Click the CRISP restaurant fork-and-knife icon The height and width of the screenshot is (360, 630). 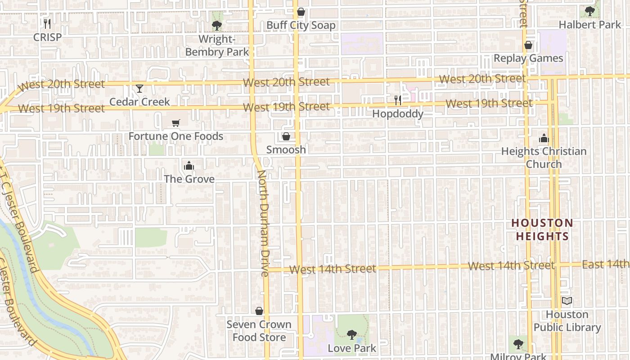(x=47, y=23)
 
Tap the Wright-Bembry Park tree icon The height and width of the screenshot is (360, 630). (x=217, y=25)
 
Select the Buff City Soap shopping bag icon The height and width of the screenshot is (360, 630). (x=301, y=12)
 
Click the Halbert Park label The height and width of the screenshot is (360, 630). (x=589, y=25)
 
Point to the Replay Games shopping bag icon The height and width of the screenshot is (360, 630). (x=528, y=45)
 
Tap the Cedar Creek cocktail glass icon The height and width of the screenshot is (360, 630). (x=139, y=88)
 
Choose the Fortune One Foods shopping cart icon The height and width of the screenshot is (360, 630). (x=176, y=123)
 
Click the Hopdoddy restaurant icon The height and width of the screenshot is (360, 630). (x=398, y=100)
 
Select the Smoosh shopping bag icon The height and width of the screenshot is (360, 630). (x=286, y=136)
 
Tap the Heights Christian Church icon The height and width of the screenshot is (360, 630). (x=544, y=138)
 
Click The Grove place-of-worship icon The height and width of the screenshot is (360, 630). (x=189, y=166)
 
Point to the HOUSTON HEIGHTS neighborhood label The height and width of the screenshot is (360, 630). (x=542, y=229)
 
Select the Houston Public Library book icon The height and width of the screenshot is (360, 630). (x=567, y=301)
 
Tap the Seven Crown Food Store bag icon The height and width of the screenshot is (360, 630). (x=259, y=311)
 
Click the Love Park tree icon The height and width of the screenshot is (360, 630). (x=352, y=335)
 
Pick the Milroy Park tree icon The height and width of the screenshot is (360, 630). (x=518, y=344)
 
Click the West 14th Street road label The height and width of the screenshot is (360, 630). (x=333, y=269)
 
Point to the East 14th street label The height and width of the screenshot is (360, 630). (x=606, y=265)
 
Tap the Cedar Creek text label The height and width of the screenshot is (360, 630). (x=139, y=102)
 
